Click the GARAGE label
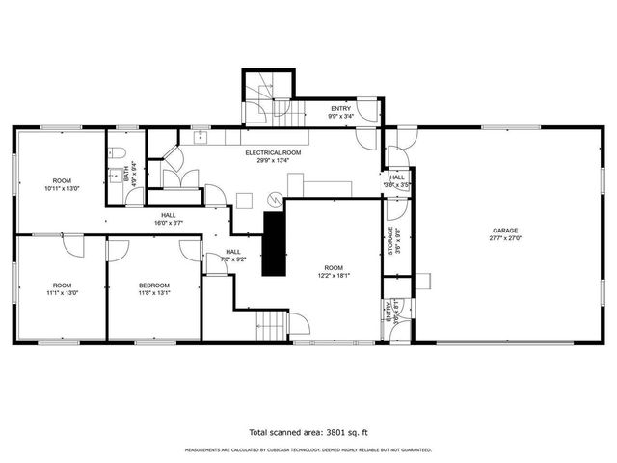point(506,231)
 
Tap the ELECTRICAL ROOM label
point(274,153)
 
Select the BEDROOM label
point(154,286)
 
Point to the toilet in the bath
point(115,152)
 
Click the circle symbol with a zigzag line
point(275,200)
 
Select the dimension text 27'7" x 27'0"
point(506,238)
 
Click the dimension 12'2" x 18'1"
point(334,275)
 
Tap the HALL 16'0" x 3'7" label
point(169,219)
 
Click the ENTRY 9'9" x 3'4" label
point(342,112)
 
